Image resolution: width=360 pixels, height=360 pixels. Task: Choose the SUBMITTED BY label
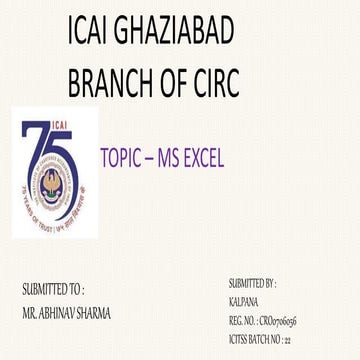point(252,284)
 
